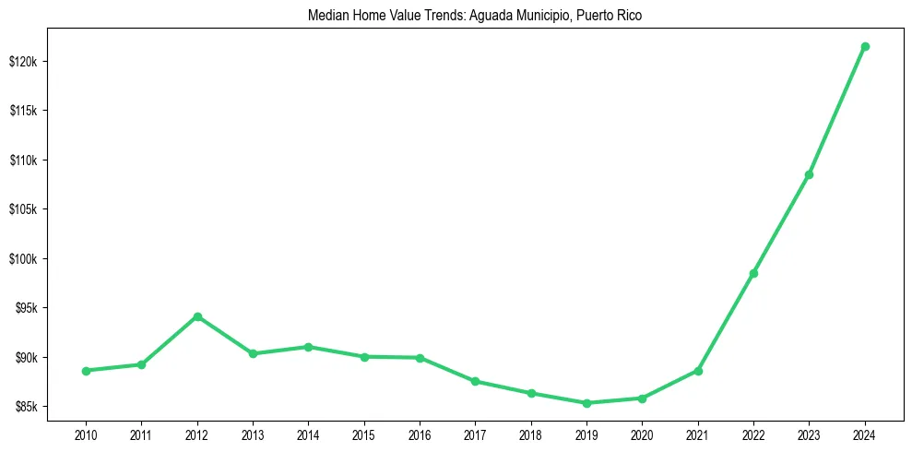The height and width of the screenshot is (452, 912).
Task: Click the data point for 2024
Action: [x=865, y=46]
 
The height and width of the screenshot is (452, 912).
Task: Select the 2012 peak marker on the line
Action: [x=197, y=316]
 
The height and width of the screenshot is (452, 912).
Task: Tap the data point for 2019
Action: [x=586, y=403]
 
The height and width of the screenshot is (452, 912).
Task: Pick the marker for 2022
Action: [x=753, y=273]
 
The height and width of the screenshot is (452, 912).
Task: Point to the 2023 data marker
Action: [x=809, y=174]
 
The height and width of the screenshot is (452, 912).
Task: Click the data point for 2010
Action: [x=86, y=371]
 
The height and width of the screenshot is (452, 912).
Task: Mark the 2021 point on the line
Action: [x=698, y=371]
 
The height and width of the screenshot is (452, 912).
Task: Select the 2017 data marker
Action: [x=475, y=381]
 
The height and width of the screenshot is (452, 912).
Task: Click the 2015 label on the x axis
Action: [x=364, y=433]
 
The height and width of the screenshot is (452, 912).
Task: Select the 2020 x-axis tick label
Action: [x=642, y=433]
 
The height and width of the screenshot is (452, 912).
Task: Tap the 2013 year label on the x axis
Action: [x=253, y=433]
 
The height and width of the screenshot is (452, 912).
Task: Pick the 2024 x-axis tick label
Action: [x=865, y=433]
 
